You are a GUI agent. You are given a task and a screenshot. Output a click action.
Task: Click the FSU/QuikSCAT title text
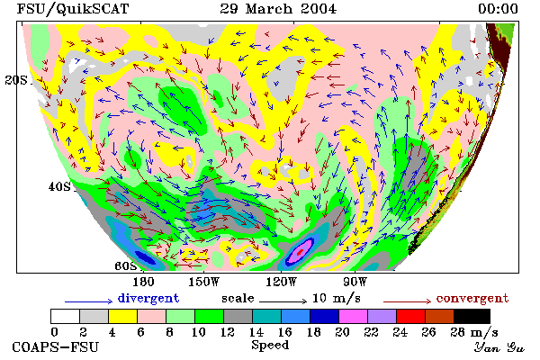coord(73,9)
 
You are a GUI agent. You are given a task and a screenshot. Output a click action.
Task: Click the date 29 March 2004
coord(278,9)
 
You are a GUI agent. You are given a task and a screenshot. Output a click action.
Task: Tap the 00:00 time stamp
coord(498,9)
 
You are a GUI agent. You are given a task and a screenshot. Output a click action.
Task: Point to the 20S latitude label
coord(16,80)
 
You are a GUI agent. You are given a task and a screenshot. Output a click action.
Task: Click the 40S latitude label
coord(59,186)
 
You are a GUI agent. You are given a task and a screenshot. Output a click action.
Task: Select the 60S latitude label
coord(126,266)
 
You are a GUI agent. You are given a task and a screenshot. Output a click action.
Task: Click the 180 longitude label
coord(143,282)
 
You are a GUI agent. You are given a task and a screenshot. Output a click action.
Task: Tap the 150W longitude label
coord(204,282)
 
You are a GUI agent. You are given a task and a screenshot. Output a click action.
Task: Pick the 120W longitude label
coord(281,282)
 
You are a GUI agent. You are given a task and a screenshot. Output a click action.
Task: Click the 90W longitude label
coord(355,282)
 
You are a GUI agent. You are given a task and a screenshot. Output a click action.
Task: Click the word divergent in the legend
coord(148,298)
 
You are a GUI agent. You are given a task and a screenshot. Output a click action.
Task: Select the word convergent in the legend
coord(472,298)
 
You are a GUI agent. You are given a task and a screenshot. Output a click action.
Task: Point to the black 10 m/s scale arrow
coord(283,301)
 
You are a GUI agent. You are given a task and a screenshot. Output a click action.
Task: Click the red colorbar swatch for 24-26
coord(411,316)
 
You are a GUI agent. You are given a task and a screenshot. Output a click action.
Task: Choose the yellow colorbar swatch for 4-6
coord(123,316)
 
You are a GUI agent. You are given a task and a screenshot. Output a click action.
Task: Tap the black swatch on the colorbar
coord(472,316)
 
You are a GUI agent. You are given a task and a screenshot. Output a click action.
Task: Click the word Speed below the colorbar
coord(270,346)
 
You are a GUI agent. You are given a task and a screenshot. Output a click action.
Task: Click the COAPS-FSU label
coord(56,346)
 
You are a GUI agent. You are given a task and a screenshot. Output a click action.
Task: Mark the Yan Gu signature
coord(499,347)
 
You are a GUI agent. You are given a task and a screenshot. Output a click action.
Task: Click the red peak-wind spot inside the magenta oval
coord(301,252)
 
